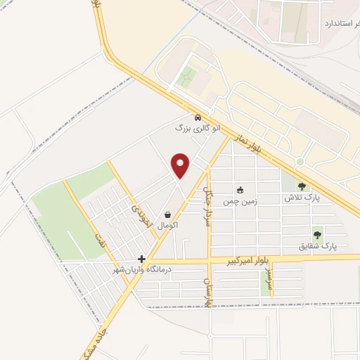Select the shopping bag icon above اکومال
click(167, 214)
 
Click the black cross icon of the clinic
click(142, 259)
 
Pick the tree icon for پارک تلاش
click(302, 186)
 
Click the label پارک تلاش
click(302, 198)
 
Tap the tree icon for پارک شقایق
click(316, 235)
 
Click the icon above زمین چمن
click(240, 189)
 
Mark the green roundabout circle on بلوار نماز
click(300, 162)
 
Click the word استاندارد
click(341, 23)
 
